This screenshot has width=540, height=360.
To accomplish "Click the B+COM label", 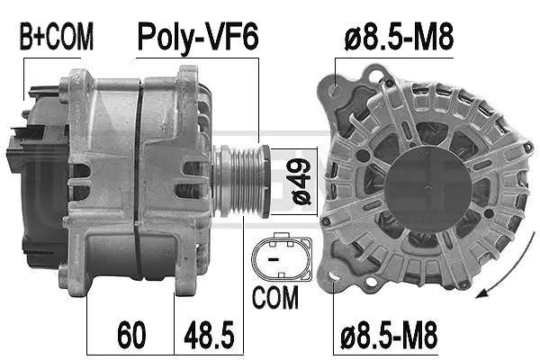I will (57, 37).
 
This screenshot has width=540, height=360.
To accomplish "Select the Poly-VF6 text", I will (197, 37).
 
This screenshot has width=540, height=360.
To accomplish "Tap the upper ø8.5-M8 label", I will (400, 37).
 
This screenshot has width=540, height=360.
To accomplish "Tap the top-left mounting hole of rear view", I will (338, 89).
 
